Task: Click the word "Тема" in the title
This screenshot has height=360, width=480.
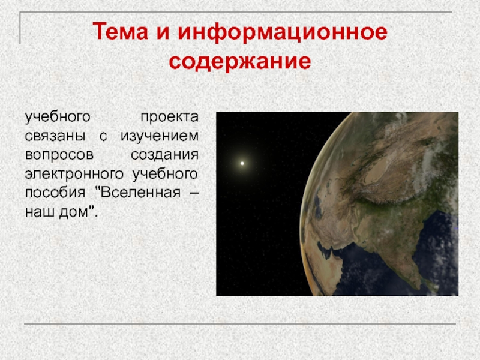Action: (121, 31)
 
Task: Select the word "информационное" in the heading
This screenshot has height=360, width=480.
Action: (282, 32)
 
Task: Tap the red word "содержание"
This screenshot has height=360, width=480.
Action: (239, 62)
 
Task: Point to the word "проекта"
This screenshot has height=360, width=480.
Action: (169, 117)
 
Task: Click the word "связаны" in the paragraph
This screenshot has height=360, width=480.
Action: (55, 136)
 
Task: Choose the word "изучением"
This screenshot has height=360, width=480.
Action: (160, 136)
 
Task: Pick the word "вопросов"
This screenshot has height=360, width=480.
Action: (59, 155)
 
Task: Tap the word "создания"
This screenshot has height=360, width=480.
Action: (164, 155)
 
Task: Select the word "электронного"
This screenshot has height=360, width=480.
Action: (74, 174)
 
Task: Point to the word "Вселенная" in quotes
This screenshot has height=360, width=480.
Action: (140, 192)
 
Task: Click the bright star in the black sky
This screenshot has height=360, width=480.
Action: (242, 163)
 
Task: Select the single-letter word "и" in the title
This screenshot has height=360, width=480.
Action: (163, 32)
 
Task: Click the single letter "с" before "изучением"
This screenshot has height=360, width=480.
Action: (103, 137)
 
